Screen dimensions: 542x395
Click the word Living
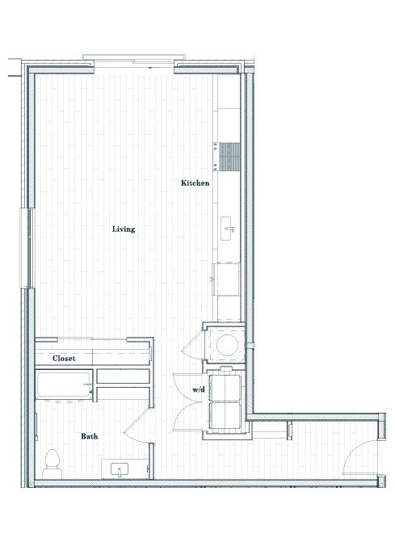(124, 229)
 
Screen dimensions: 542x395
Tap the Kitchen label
(195, 183)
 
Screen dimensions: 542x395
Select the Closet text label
(65, 358)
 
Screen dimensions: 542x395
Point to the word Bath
(90, 436)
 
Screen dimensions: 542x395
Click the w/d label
(197, 390)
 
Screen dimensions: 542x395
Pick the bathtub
(64, 385)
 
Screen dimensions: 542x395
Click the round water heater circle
(227, 346)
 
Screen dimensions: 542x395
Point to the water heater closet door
(191, 346)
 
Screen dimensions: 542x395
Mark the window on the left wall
(30, 247)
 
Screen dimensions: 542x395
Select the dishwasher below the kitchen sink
(227, 279)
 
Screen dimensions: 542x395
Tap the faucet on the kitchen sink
(233, 229)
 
